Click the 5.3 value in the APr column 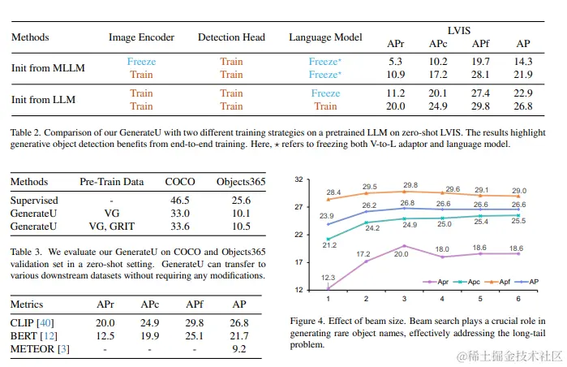click(395, 62)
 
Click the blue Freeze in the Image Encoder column click(141, 62)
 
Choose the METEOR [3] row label click(38, 349)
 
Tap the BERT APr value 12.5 click(107, 335)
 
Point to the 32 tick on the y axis click(299, 179)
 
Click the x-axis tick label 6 click(519, 297)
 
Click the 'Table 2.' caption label click(29, 132)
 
